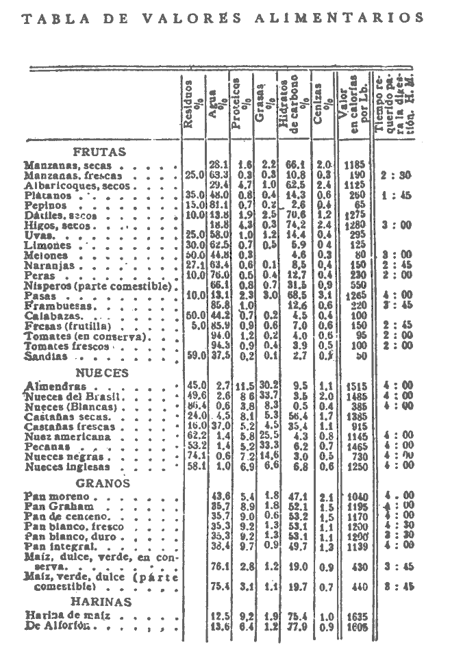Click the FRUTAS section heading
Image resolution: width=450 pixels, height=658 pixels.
[x=99, y=152]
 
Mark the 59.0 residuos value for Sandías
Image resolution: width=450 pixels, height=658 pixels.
[x=195, y=356]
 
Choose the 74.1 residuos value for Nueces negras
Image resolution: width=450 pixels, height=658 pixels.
[x=195, y=456]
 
